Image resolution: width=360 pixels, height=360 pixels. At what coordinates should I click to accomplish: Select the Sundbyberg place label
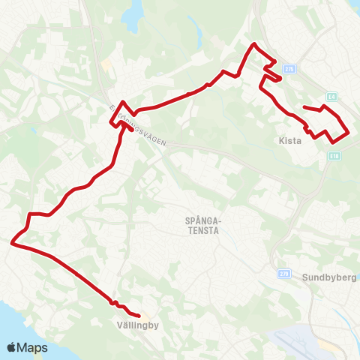tap(329, 277)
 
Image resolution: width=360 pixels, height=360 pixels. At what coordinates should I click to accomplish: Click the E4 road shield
tap(332, 96)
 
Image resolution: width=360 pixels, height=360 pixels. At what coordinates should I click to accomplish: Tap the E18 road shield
tap(334, 156)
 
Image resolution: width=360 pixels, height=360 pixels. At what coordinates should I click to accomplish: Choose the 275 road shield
tap(290, 69)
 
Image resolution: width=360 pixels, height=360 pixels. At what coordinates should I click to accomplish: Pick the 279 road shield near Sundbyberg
tap(283, 274)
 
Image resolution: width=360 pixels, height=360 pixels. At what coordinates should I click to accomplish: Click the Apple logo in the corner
tap(12, 347)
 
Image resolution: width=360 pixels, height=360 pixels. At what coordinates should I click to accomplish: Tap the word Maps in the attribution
tap(32, 348)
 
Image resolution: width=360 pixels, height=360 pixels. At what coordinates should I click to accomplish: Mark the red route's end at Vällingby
tap(140, 315)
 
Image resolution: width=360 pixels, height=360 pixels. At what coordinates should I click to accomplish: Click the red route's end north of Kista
tap(304, 108)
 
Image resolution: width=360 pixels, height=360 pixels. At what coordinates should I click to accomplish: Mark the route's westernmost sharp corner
tap(12, 242)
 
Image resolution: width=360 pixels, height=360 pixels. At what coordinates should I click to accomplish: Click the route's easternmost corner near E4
tap(349, 133)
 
